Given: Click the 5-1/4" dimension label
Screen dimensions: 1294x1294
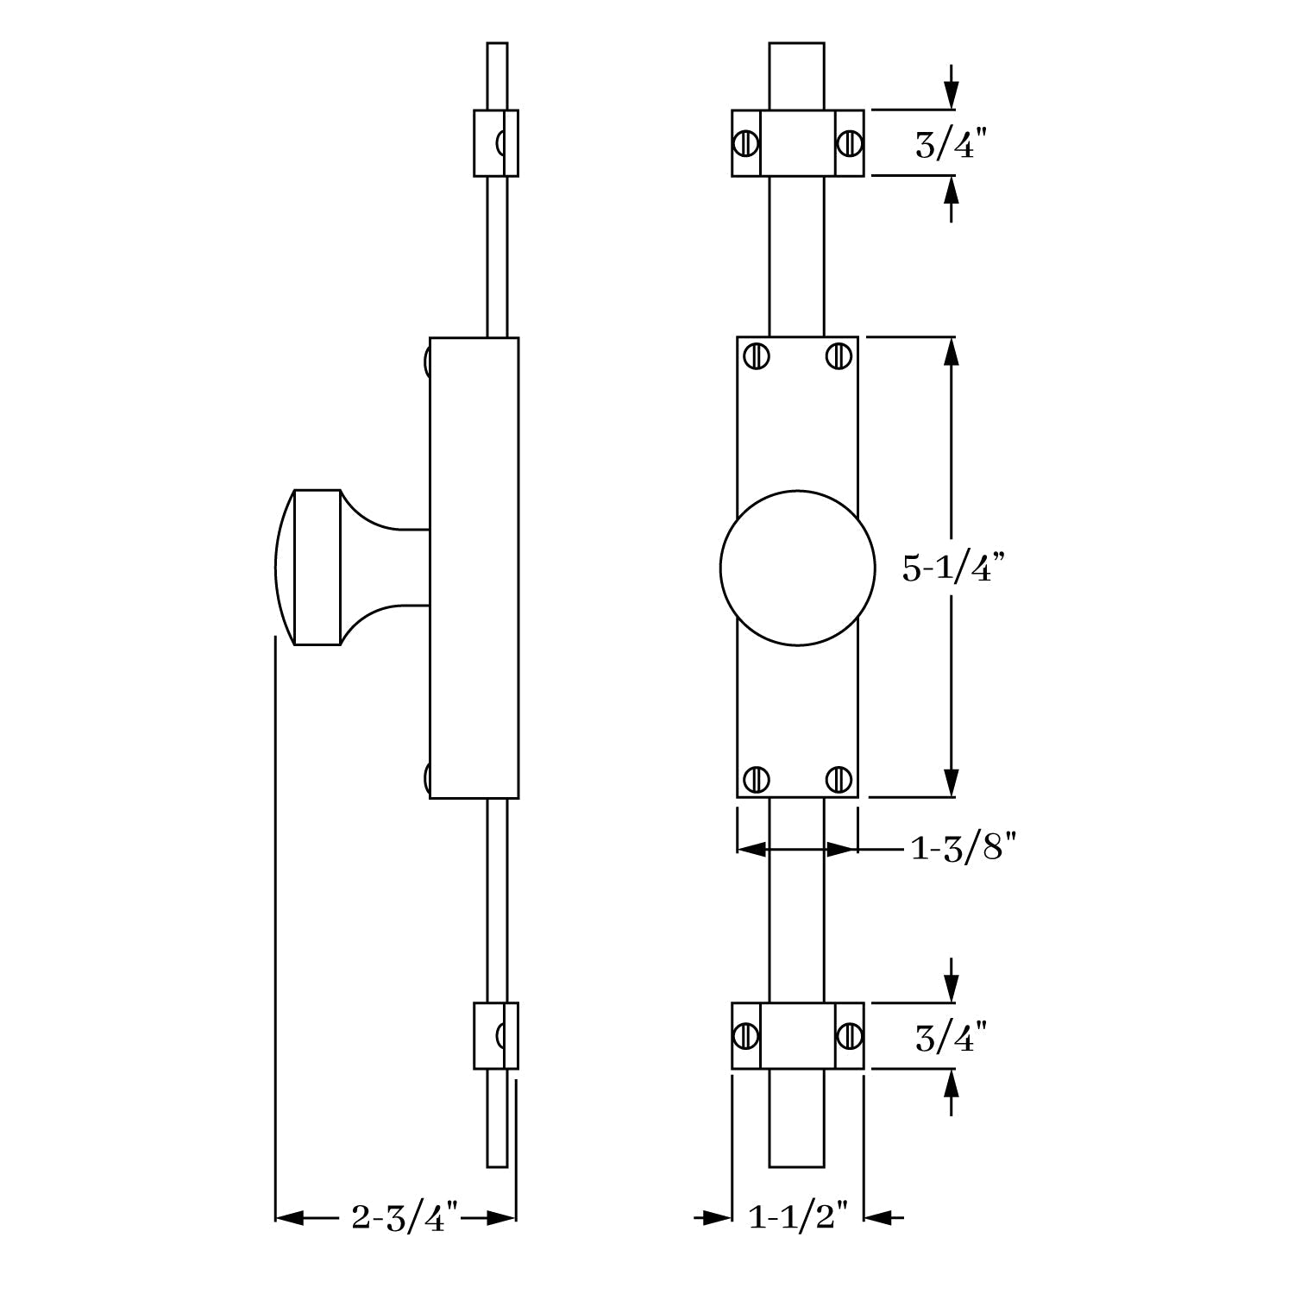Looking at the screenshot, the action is pyautogui.click(x=954, y=568).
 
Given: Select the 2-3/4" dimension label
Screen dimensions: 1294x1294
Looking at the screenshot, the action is pyautogui.click(x=404, y=1218).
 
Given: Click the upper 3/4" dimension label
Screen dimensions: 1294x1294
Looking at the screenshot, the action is pyautogui.click(x=950, y=144).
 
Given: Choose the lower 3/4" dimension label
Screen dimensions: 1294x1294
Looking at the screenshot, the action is pyautogui.click(x=950, y=1038).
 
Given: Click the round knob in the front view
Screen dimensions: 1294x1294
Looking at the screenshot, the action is pyautogui.click(x=798, y=568).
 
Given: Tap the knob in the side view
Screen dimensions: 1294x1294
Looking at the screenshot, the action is pyautogui.click(x=352, y=568).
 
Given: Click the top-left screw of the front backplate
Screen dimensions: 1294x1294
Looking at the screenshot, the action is pyautogui.click(x=759, y=355).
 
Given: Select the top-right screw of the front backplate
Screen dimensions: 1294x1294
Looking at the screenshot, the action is pyautogui.click(x=838, y=355).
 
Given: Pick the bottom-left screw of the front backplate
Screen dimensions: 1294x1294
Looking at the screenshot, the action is pyautogui.click(x=757, y=778).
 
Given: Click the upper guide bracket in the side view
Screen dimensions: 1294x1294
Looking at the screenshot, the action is pyautogui.click(x=496, y=143).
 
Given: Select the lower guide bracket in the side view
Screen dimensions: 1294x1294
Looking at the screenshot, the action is pyautogui.click(x=496, y=1035).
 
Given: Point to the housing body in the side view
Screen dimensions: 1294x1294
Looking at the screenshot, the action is pyautogui.click(x=474, y=568).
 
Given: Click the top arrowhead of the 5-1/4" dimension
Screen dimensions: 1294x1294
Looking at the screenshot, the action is pyautogui.click(x=952, y=349).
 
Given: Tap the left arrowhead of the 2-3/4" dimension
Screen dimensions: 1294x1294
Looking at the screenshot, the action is pyautogui.click(x=289, y=1218).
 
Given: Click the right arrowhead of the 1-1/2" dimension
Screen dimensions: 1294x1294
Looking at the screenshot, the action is pyautogui.click(x=877, y=1218).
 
